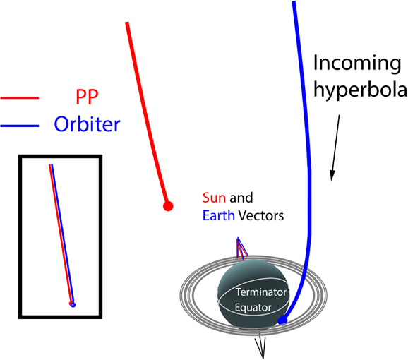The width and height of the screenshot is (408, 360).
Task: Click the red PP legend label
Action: click(87, 97)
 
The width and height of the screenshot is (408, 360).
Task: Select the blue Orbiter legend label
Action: click(87, 124)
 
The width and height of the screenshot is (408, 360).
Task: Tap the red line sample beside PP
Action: click(20, 98)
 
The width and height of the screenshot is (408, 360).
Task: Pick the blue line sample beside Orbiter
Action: click(20, 126)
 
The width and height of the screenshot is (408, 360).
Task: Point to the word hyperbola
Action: click(361, 90)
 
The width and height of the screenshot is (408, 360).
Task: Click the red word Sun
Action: click(214, 198)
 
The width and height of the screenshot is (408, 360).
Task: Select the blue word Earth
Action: click(219, 215)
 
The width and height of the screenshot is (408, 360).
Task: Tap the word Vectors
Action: click(261, 215)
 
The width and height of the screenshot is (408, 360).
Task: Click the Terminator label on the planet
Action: click(261, 292)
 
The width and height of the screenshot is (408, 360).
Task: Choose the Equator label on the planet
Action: click(253, 308)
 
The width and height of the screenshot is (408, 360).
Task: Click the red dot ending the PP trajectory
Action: click(168, 206)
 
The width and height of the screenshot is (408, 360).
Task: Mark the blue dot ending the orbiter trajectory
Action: click(282, 320)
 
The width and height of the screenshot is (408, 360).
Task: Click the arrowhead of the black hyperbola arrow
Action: click(332, 176)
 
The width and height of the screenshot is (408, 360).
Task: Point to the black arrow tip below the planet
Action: click(263, 358)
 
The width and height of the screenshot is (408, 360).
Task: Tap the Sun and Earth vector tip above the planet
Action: click(238, 238)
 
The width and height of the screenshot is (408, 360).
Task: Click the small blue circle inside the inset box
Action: click(73, 305)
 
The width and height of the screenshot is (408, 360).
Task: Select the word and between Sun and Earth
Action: click(241, 198)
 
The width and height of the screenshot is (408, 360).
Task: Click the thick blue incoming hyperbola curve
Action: click(309, 167)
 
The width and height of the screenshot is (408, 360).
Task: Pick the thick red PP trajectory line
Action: click(148, 114)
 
